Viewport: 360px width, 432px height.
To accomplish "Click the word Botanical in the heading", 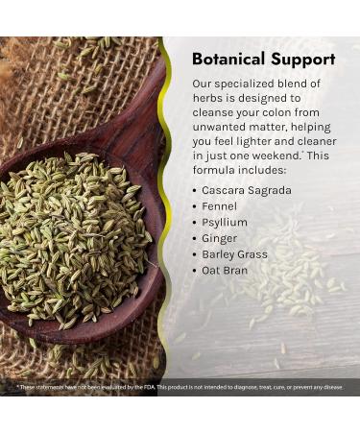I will (x=229, y=59).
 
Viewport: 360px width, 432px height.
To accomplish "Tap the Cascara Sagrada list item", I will (x=247, y=190).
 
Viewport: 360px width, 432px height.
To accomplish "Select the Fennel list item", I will (x=220, y=206).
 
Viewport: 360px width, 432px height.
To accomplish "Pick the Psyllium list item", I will (x=225, y=223).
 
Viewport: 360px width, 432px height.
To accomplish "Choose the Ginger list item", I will (x=220, y=238).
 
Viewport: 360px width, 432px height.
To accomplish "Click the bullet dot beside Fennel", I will (x=195, y=206).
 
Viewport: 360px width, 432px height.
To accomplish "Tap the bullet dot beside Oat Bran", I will (x=195, y=271).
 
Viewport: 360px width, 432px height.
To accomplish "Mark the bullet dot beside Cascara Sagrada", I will (x=195, y=190).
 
